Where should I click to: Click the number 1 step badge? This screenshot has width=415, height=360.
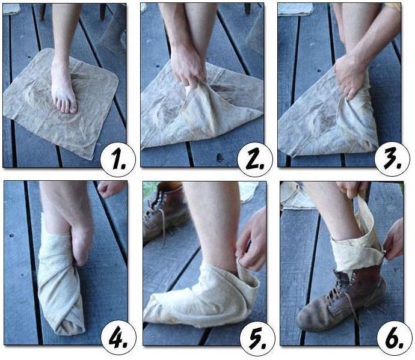pyautogui.click(x=118, y=159)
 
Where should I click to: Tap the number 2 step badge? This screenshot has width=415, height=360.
pyautogui.click(x=255, y=159)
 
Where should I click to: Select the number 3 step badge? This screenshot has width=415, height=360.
pyautogui.click(x=392, y=159)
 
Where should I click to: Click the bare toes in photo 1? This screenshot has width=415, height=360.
pyautogui.click(x=66, y=105)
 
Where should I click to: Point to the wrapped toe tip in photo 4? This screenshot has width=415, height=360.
pyautogui.click(x=69, y=327)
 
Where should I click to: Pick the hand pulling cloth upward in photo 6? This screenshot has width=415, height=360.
pyautogui.click(x=352, y=189)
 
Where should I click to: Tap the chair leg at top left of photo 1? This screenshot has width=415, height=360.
pyautogui.click(x=43, y=12)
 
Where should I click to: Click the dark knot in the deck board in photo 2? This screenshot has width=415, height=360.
pyautogui.click(x=220, y=157)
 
